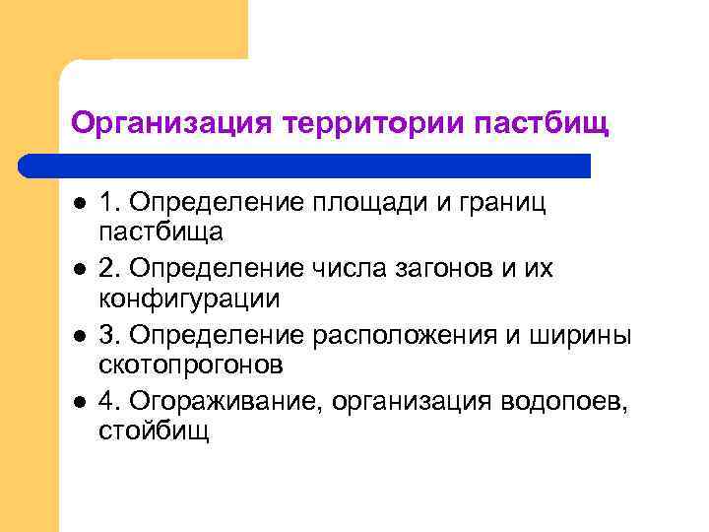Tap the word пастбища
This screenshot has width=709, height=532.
(x=161, y=233)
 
